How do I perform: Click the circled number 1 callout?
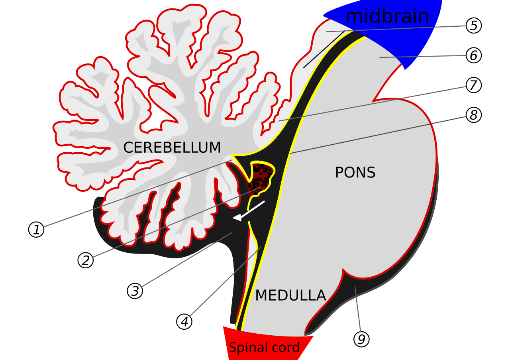tap(36, 230)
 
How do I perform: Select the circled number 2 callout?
tap(85, 260)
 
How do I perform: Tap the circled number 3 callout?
tap(135, 291)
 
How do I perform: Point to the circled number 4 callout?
tap(184, 322)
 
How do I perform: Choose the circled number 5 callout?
tap(474, 26)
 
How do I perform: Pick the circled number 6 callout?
tap(474, 55)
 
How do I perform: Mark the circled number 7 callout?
tap(474, 85)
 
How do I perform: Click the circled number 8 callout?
tap(474, 115)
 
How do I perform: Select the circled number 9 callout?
tap(361, 339)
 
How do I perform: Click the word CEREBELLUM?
tap(172, 148)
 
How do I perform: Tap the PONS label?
tap(355, 173)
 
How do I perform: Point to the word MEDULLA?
tap(290, 295)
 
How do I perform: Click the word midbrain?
tap(387, 17)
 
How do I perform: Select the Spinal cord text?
tap(264, 348)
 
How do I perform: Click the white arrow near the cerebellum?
tap(249, 210)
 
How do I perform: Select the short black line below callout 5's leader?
tap(324, 50)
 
